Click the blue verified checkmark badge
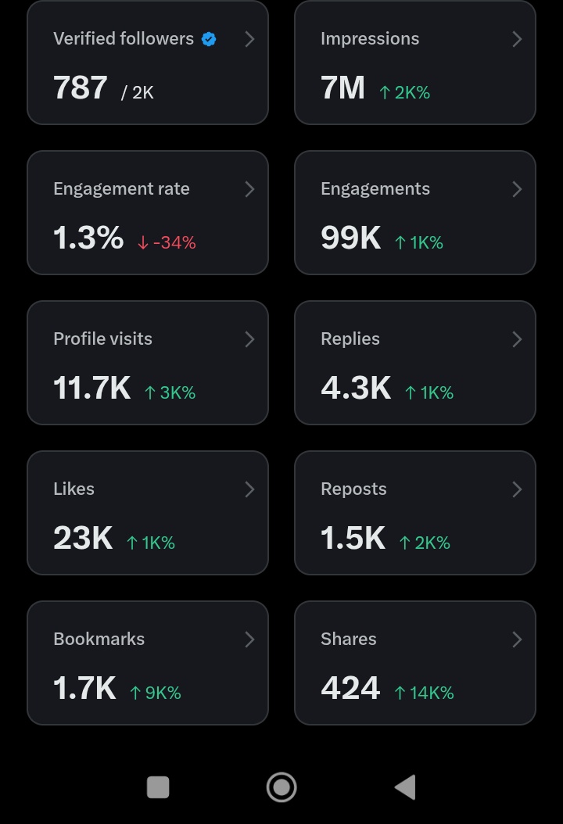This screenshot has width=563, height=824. [209, 39]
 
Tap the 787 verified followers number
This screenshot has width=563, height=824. [81, 88]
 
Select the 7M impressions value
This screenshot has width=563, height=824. [342, 88]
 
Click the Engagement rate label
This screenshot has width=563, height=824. [121, 189]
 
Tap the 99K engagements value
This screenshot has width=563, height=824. [350, 238]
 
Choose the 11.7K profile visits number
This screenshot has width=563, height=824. [92, 388]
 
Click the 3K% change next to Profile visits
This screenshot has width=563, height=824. [170, 392]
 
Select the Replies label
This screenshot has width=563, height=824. [350, 339]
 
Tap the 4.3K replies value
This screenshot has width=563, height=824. [356, 388]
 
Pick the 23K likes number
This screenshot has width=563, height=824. [83, 538]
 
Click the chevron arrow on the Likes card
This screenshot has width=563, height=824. [249, 489]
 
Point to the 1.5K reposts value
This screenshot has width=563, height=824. [353, 538]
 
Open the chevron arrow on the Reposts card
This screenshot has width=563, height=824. [517, 489]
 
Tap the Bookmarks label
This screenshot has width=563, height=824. [99, 639]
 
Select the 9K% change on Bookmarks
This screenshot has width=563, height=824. [155, 693]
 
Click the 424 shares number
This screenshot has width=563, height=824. [350, 688]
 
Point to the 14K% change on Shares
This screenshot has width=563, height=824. [425, 693]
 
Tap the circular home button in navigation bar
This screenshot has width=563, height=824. [281, 787]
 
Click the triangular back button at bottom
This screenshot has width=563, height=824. [405, 787]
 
